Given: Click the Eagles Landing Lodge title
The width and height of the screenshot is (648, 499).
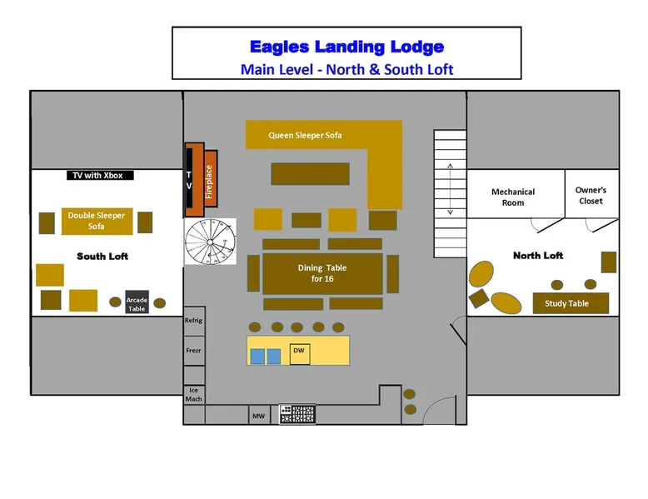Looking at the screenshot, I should click(346, 47).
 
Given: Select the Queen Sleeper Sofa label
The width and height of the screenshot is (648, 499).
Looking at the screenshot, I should click(305, 135).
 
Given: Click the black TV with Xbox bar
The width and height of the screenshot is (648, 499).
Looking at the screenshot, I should click(100, 175).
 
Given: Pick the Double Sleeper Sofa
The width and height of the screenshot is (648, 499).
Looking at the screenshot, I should click(97, 221).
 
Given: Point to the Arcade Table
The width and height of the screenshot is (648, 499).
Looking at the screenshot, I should click(137, 303).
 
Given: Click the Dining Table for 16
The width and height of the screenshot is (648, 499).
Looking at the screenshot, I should click(322, 273).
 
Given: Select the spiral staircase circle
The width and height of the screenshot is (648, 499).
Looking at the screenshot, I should click(210, 242).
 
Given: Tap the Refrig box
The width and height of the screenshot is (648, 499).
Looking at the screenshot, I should click(193, 321).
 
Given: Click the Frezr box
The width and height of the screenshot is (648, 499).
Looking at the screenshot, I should click(193, 352).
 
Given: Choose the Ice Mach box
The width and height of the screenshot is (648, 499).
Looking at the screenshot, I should click(193, 394).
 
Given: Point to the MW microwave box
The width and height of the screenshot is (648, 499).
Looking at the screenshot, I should click(258, 415).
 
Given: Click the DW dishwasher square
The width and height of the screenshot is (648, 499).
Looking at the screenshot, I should click(299, 352).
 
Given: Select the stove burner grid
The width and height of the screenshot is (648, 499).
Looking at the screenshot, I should click(297, 414).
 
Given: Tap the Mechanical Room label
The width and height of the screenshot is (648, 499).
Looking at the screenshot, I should click(513, 197).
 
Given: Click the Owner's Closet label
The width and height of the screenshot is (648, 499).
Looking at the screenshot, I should click(591, 195).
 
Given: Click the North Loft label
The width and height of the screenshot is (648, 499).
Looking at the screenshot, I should click(538, 256).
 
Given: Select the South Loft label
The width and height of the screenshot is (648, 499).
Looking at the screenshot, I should click(102, 256).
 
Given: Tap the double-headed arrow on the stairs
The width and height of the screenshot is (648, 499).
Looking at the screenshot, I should click(450, 190).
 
